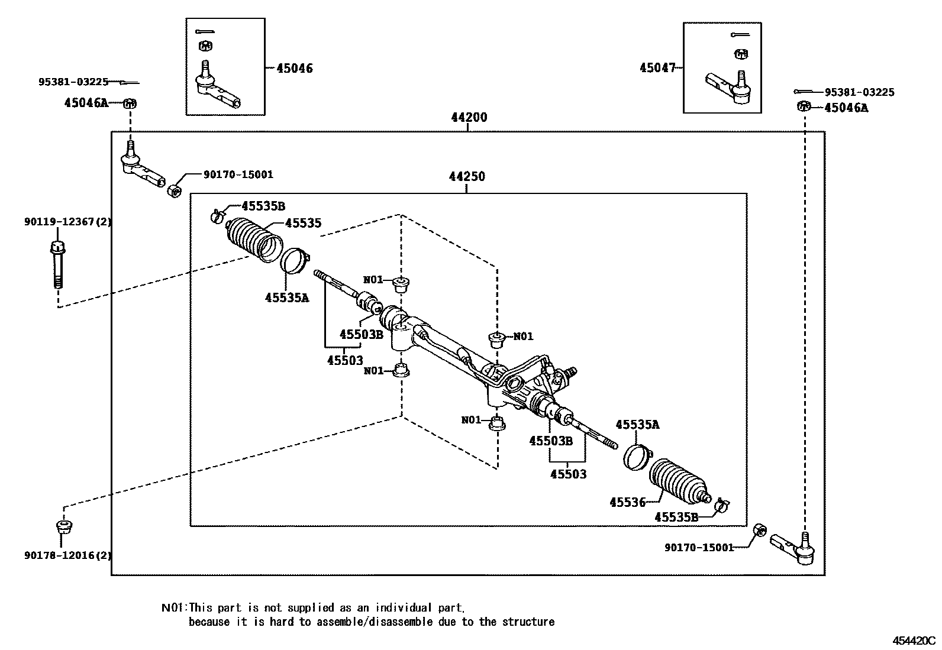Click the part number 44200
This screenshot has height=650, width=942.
coord(469,117)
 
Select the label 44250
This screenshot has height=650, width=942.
coord(466,176)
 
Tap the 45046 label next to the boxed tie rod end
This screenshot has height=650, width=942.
coord(295,69)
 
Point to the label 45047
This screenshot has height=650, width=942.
coord(657,68)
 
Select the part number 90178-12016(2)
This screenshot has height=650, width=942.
coord(68,555)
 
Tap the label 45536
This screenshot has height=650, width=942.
coord(627,503)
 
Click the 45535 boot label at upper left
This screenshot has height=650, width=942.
coord(303,223)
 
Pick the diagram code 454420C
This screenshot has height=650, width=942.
coord(914,641)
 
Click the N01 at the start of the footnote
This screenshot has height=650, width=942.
coord(173,607)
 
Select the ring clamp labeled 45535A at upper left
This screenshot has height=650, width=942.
coord(294,261)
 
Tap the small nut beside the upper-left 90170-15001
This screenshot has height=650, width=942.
coord(173,191)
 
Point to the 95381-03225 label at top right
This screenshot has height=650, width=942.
coord(859,92)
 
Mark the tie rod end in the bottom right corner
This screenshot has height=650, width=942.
coord(793,548)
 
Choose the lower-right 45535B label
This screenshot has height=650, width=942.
coord(676,518)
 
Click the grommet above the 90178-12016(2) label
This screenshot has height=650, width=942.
coord(63,526)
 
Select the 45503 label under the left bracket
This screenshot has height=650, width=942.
coord(345,360)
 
